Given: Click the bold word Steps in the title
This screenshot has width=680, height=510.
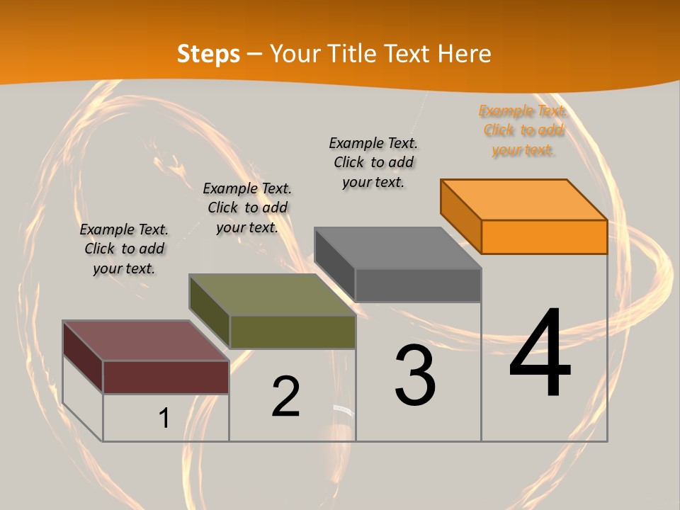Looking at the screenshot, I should pos(208,54).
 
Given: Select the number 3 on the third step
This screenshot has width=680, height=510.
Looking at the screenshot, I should pos(415,375).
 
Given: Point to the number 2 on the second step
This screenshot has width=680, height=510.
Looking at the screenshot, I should pos(285,397).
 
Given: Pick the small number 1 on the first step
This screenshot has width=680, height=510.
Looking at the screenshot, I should pos(164,419).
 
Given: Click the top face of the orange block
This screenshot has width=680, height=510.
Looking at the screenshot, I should pos(524,199).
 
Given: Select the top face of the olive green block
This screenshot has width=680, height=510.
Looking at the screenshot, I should pos(272,295).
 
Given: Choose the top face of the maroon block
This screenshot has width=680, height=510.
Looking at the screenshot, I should pos(146,341).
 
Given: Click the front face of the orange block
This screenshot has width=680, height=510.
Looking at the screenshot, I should pos(544,237).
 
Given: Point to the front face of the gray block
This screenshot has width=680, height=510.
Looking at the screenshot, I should pos(418,285).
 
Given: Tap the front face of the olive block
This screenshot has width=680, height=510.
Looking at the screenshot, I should pos(293,331).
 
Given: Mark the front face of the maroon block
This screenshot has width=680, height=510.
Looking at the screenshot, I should pos(166,377).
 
